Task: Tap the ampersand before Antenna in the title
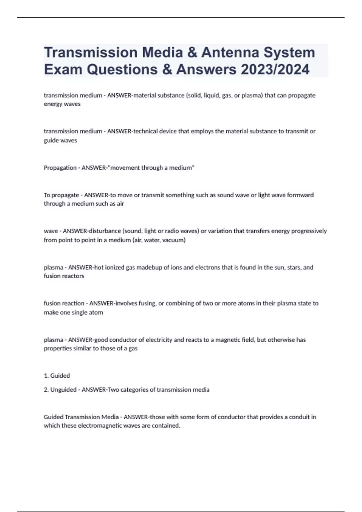tap(192, 52)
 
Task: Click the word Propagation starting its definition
tap(60, 168)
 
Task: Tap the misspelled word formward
tap(300, 195)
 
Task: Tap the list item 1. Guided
tap(57, 376)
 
